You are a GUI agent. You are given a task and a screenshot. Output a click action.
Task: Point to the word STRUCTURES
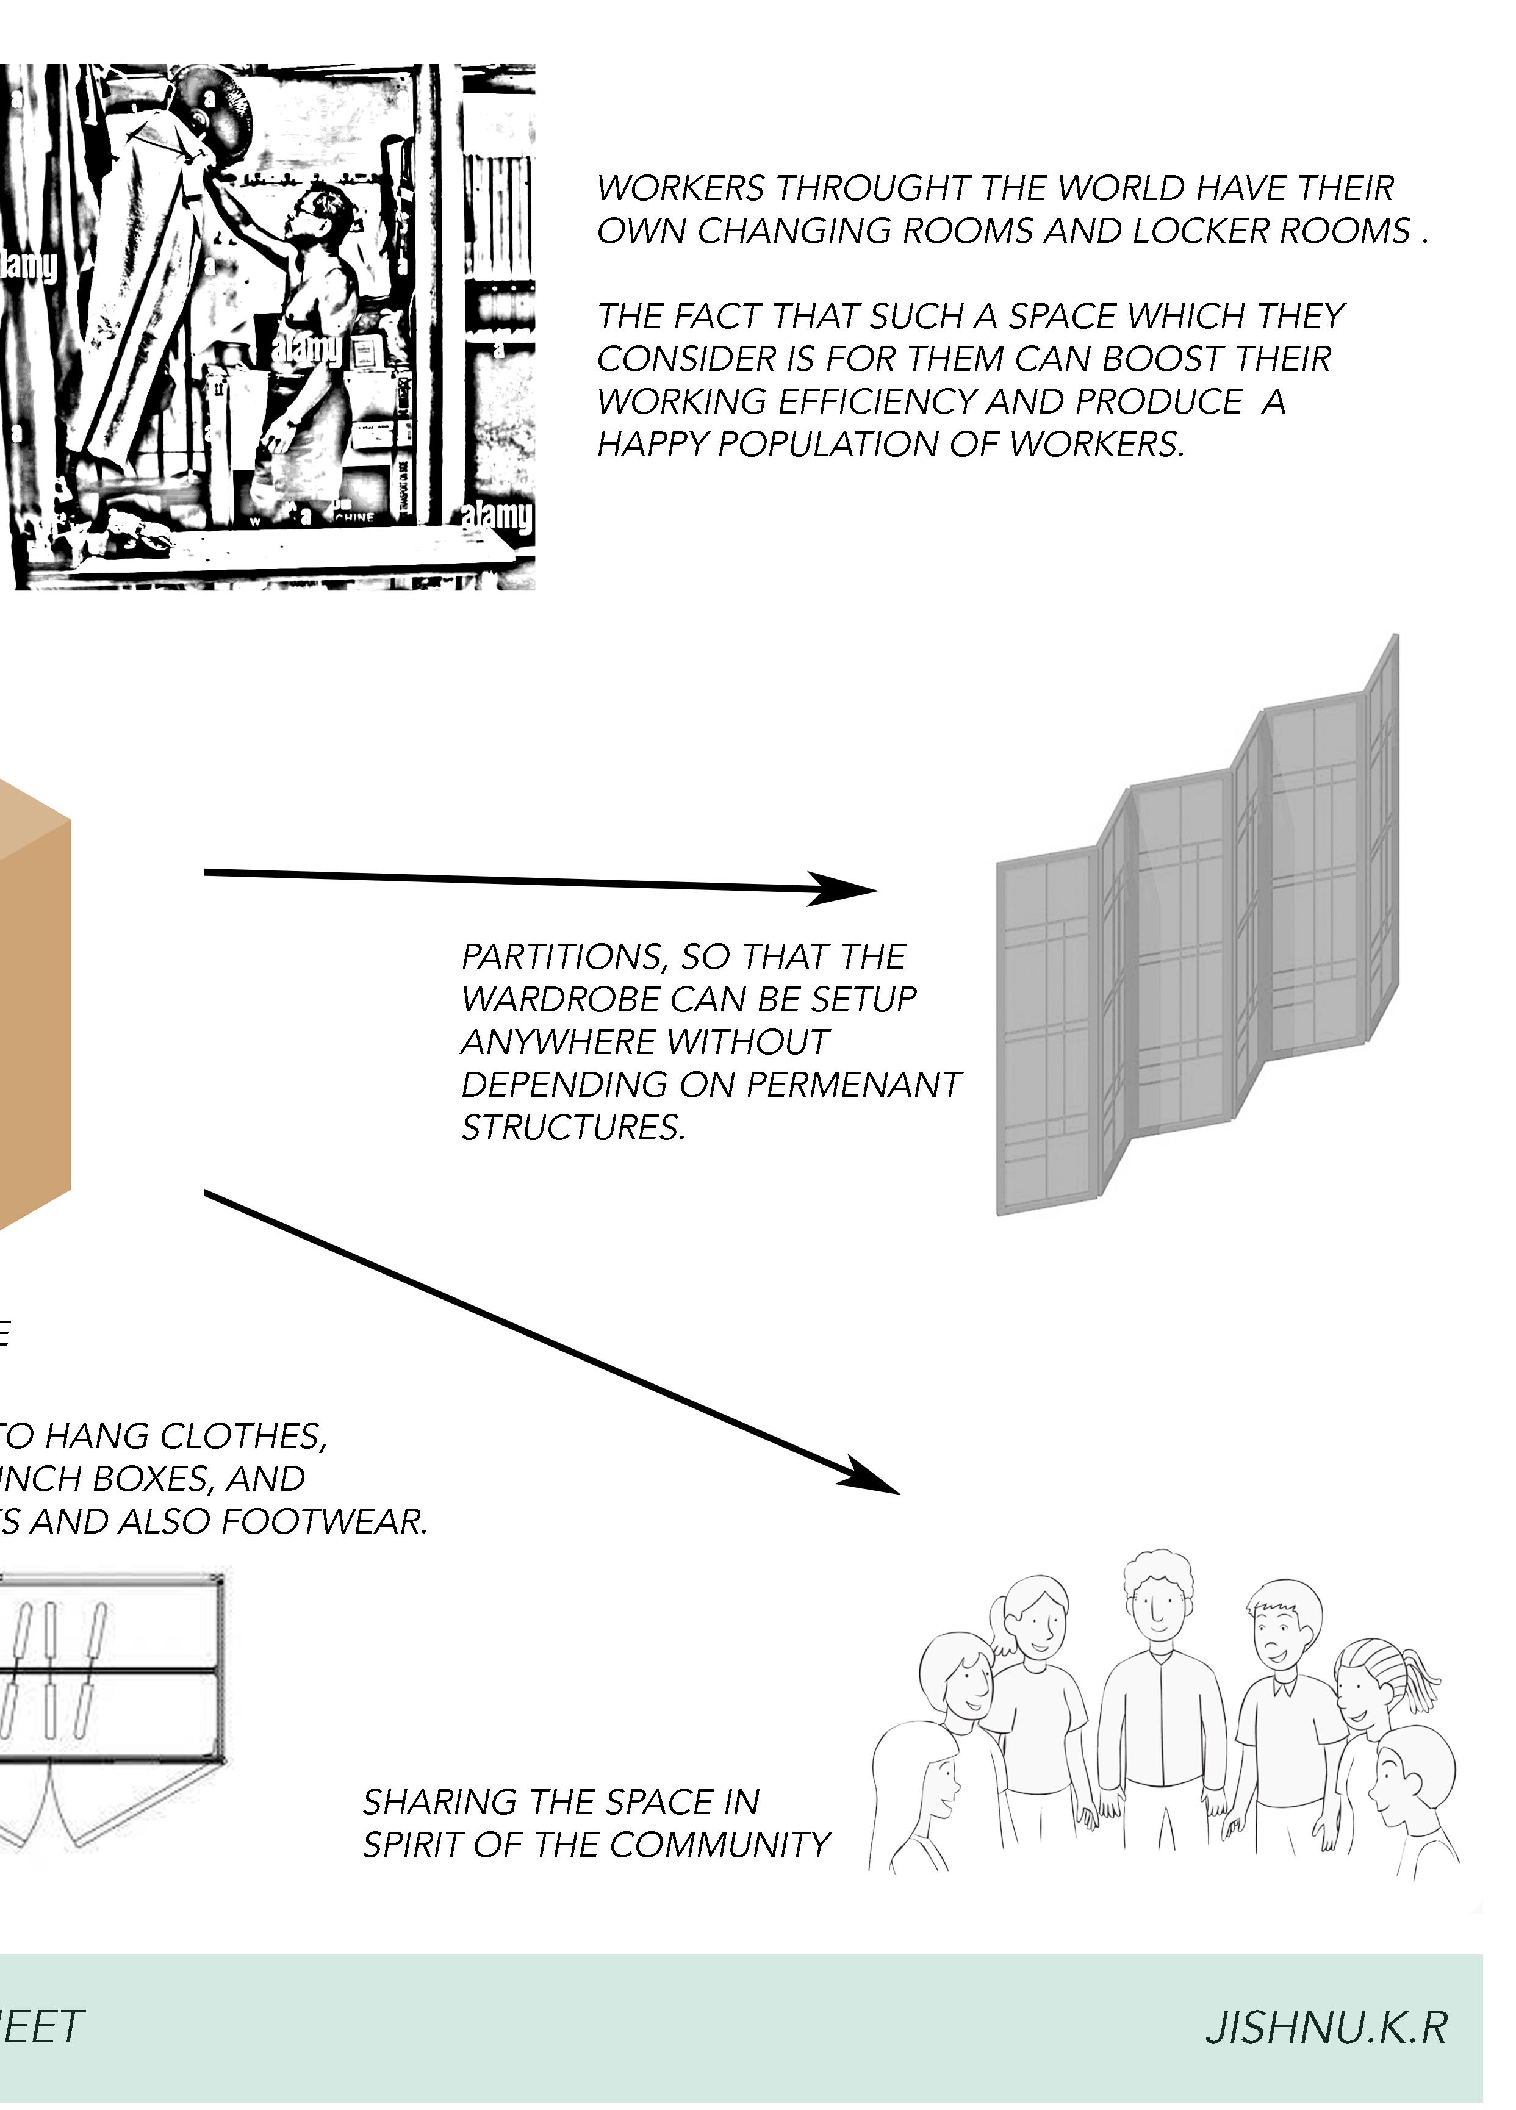[x=572, y=1127]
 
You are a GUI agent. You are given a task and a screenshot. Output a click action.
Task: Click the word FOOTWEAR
[x=324, y=1522]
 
